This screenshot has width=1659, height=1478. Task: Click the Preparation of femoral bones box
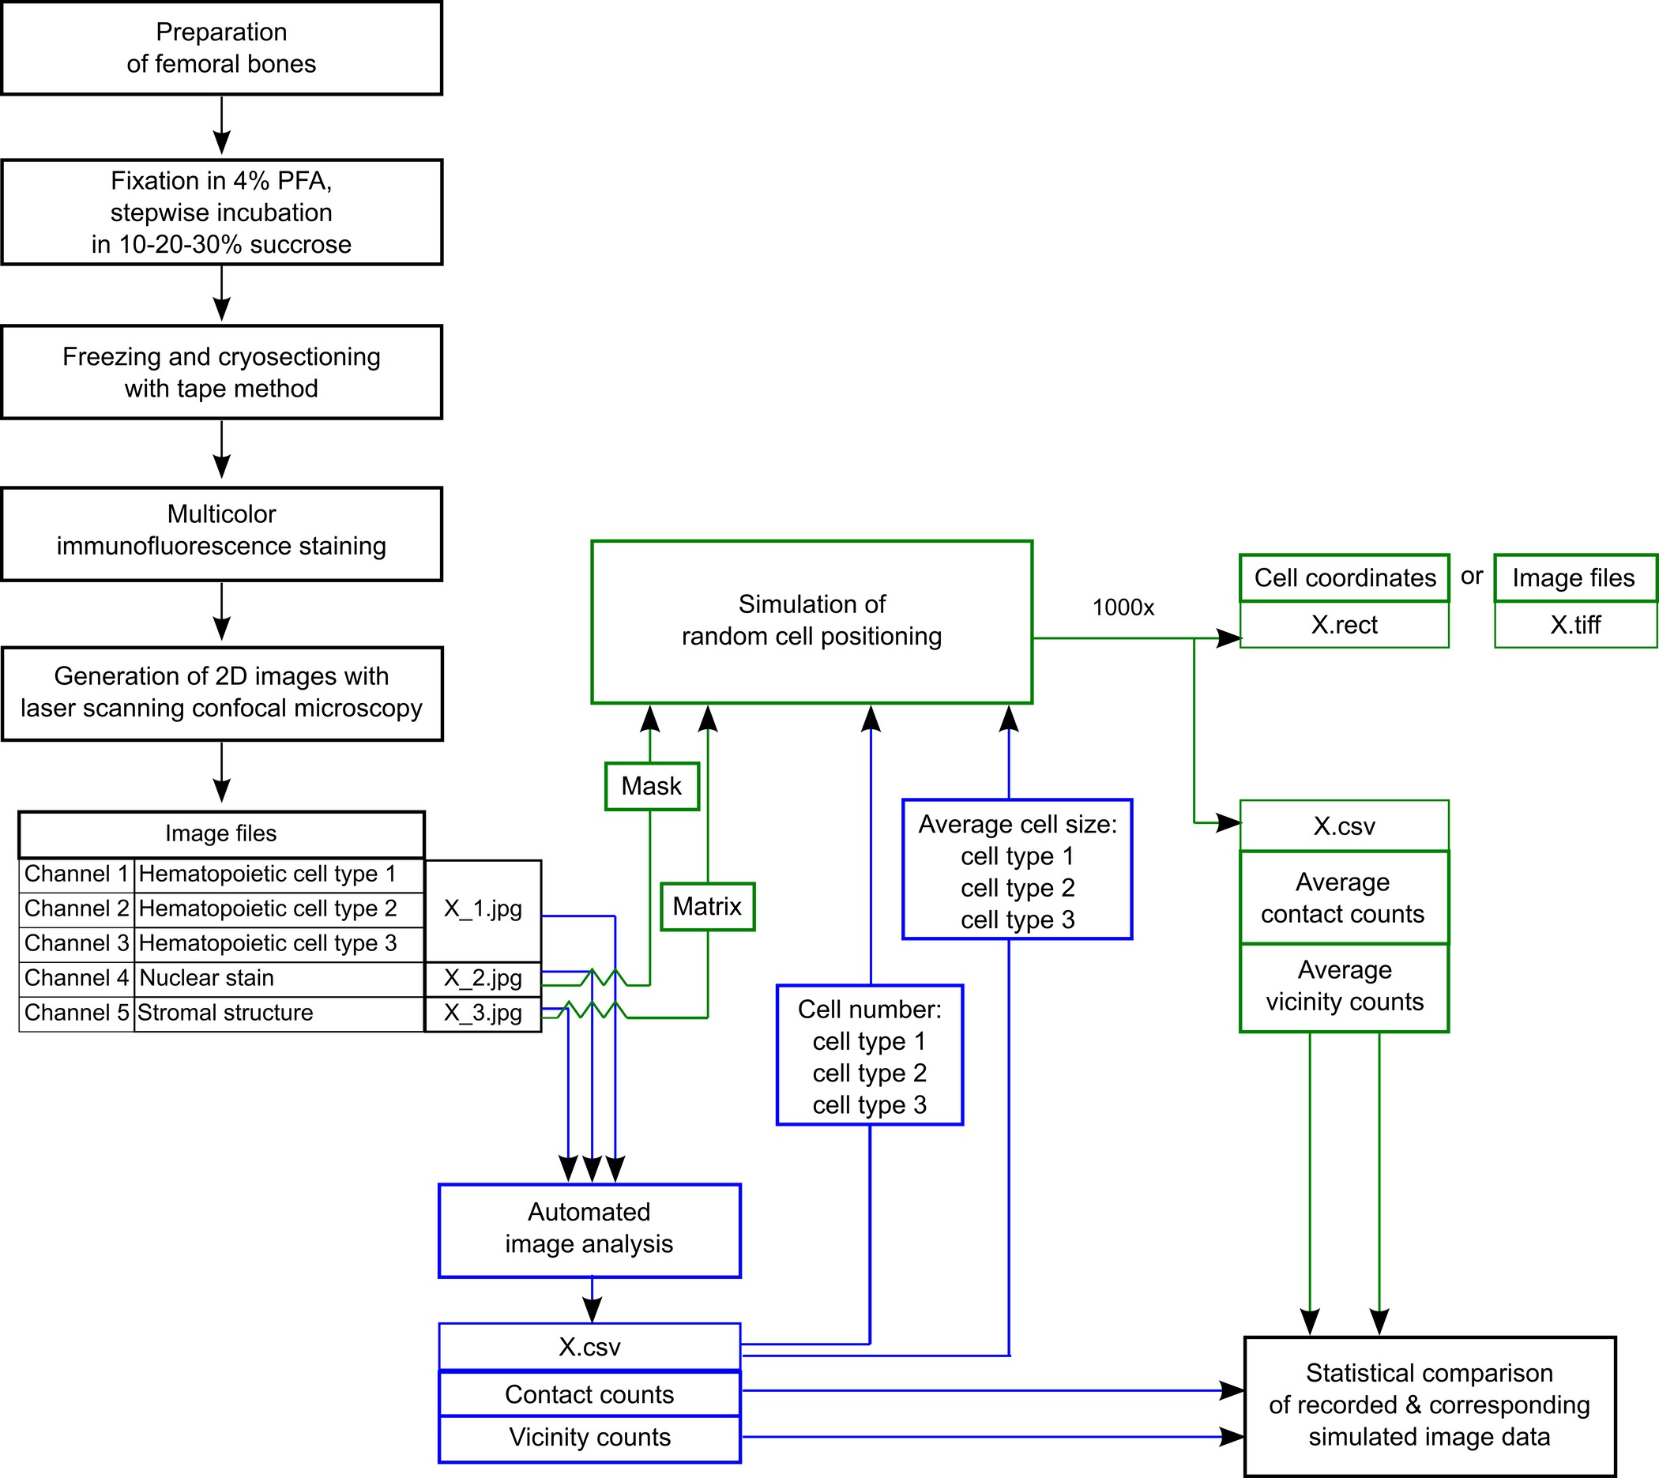pos(221,48)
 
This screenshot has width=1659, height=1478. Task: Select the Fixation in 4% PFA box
pos(221,212)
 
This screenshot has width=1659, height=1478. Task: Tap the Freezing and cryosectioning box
pos(221,372)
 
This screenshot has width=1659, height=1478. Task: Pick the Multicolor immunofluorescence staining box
pos(221,530)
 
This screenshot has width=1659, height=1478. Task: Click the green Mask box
pos(651,786)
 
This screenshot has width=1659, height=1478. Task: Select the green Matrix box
pos(706,906)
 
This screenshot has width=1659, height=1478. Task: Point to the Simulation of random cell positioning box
pos(811,621)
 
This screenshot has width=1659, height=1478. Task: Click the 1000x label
pos(1123,607)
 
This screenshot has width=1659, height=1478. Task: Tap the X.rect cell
pos(1344,625)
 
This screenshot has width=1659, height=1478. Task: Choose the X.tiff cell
pos(1574,625)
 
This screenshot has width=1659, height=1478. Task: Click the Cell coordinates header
pos(1344,578)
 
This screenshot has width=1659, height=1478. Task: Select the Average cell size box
pos(1017,871)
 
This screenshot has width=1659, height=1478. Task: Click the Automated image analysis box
pos(589,1228)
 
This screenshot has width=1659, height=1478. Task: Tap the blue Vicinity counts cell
pos(589,1438)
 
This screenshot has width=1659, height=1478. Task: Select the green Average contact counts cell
pos(1343,897)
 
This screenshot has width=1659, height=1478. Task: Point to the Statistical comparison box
pos(1428,1405)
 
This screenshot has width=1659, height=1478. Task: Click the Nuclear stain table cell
pos(279,978)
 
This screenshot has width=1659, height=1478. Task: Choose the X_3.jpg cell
pos(483,1014)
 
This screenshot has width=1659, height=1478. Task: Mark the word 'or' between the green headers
pos(1472,577)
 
